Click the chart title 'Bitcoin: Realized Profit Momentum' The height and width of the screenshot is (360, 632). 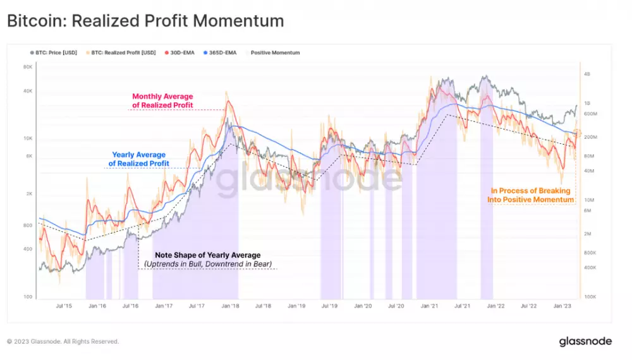(145, 21)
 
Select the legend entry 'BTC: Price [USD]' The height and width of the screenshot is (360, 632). (55, 52)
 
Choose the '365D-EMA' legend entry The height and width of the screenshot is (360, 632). (221, 52)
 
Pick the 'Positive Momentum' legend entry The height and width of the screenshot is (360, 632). (274, 52)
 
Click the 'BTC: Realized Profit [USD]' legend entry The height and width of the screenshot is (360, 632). (122, 52)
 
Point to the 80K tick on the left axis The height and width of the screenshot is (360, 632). (28, 68)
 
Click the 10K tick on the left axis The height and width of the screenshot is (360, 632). (28, 138)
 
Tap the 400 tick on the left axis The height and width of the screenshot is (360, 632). (28, 249)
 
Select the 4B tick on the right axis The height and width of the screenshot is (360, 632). (587, 74)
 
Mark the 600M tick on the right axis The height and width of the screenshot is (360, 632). (590, 114)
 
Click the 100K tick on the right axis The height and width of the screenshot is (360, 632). (590, 296)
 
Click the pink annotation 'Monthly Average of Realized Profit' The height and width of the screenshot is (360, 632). (162, 100)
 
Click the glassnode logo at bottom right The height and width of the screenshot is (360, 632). (585, 341)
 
